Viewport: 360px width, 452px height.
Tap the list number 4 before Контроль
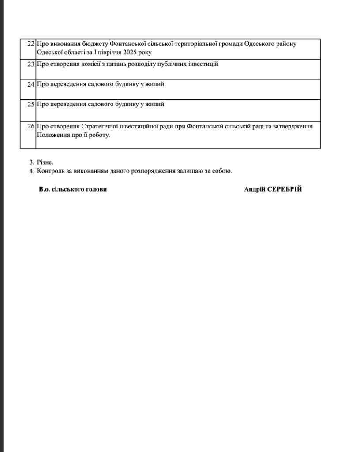tap(31, 171)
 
